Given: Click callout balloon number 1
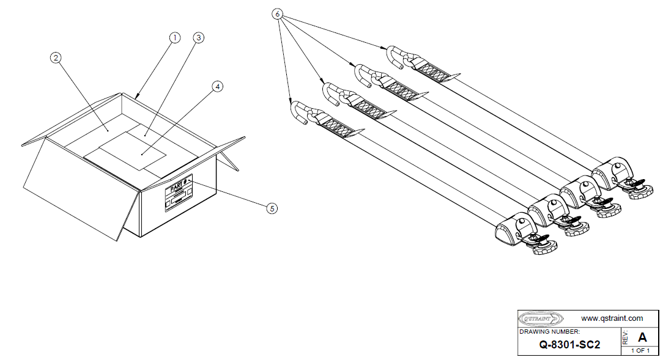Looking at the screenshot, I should (175, 37).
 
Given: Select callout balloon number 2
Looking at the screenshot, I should (56, 57).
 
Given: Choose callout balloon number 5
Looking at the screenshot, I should (272, 208).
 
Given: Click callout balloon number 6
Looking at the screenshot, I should (279, 13).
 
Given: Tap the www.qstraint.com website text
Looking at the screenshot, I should (612, 318).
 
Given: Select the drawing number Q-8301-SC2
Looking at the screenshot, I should (569, 344).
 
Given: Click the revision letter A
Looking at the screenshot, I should (642, 337).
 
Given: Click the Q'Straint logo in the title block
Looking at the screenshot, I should (539, 318).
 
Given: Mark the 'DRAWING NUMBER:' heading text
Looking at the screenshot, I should (545, 331).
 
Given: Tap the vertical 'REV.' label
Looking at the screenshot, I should (625, 337).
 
